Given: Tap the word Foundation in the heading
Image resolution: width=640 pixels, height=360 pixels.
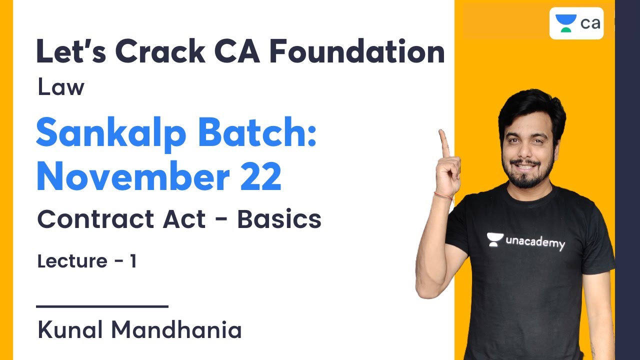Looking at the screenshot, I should [x=357, y=52].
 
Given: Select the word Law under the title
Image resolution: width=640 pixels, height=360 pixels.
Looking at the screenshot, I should [x=60, y=88].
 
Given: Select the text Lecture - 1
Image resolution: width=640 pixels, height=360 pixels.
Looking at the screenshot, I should [x=86, y=261].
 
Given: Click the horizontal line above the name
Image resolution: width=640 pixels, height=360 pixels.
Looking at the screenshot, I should [x=102, y=306].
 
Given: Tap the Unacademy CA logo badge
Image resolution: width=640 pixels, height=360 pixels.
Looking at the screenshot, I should [x=576, y=23].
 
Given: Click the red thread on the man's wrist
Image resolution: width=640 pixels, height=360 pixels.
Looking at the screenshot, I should [x=443, y=195].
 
